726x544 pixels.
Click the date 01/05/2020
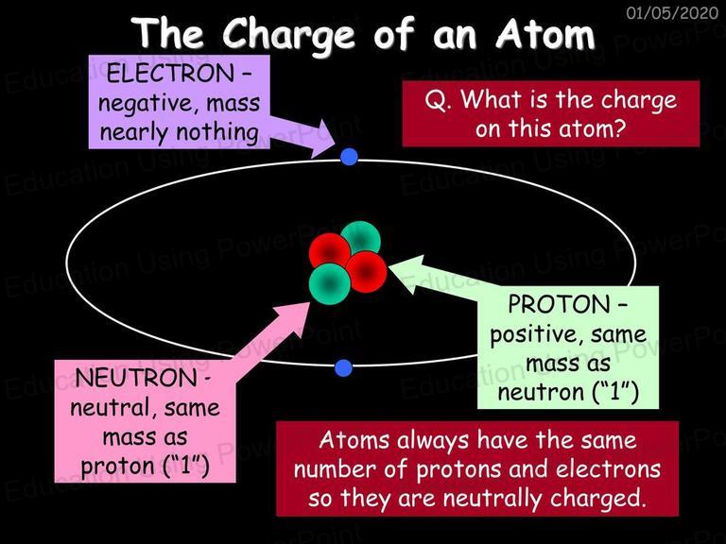click(x=672, y=13)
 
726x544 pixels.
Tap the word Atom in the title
click(x=544, y=33)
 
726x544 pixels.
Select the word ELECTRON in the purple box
click(x=170, y=74)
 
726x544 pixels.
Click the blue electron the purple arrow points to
click(x=349, y=157)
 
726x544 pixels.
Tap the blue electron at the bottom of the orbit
click(x=343, y=367)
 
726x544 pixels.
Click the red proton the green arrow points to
click(x=366, y=272)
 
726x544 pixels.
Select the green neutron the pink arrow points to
click(x=330, y=283)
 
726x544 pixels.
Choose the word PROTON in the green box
click(x=559, y=304)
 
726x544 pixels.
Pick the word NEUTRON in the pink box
click(x=136, y=379)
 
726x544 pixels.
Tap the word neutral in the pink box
click(x=111, y=408)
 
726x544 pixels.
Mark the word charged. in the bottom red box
click(x=597, y=499)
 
